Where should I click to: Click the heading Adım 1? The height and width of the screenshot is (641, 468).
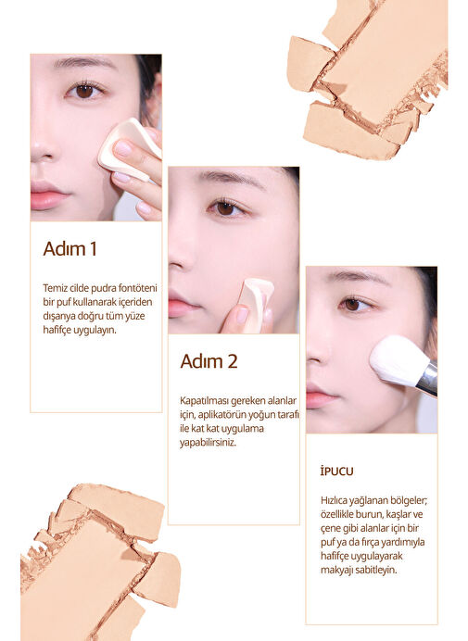click(x=70, y=249)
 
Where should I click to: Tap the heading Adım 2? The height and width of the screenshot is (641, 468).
click(x=209, y=361)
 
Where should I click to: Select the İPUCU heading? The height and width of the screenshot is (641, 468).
click(x=336, y=471)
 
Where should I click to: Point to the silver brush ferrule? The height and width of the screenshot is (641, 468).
click(x=430, y=378)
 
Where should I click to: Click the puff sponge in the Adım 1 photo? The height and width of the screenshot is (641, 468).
click(x=129, y=149)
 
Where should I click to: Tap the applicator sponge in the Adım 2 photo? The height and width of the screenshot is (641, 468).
click(x=256, y=303)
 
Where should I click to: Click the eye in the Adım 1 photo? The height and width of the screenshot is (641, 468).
click(x=84, y=91)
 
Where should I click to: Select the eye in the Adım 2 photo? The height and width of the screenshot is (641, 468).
click(x=226, y=208)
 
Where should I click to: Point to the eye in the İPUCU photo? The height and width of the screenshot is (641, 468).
click(x=354, y=304)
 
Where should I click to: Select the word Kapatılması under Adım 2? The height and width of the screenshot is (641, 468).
click(x=204, y=400)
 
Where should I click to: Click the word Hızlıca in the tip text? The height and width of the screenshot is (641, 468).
click(x=334, y=501)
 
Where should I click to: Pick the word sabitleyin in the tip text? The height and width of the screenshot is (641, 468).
click(x=376, y=570)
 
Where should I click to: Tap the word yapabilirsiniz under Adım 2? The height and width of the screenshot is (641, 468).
click(x=208, y=443)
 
